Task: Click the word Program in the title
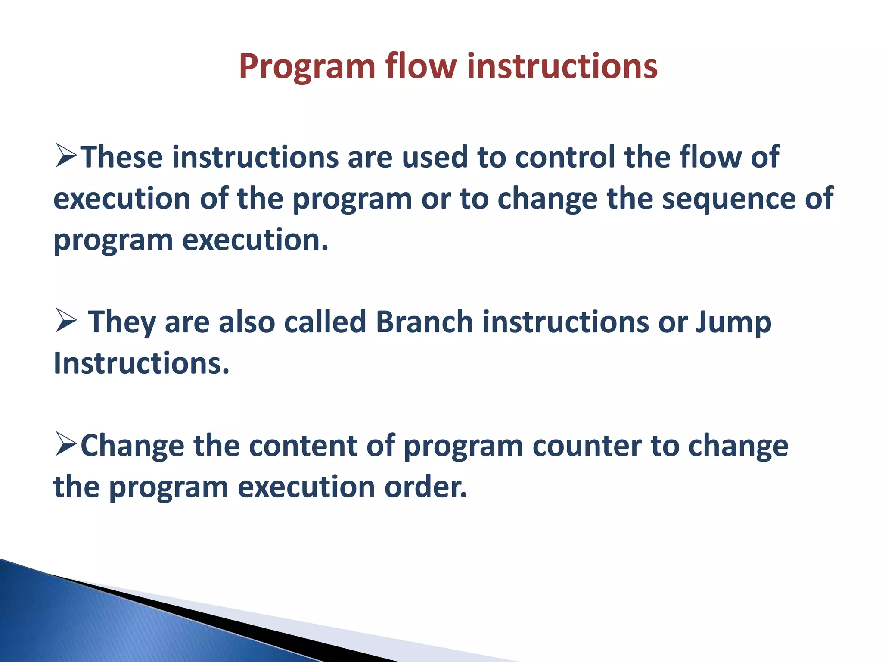(307, 67)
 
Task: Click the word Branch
(424, 322)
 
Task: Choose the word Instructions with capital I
(141, 363)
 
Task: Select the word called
(325, 322)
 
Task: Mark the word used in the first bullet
(435, 157)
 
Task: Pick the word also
(247, 322)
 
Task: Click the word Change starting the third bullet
(133, 446)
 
